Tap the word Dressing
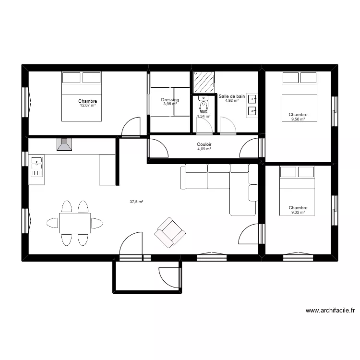click(x=170, y=100)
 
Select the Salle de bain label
click(x=232, y=96)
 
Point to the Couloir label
click(x=204, y=144)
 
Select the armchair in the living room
click(x=170, y=232)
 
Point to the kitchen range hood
click(x=63, y=144)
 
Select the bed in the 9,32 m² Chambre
click(x=298, y=190)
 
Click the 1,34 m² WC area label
click(x=204, y=116)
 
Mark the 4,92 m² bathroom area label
click(x=232, y=101)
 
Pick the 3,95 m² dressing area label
click(x=170, y=104)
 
